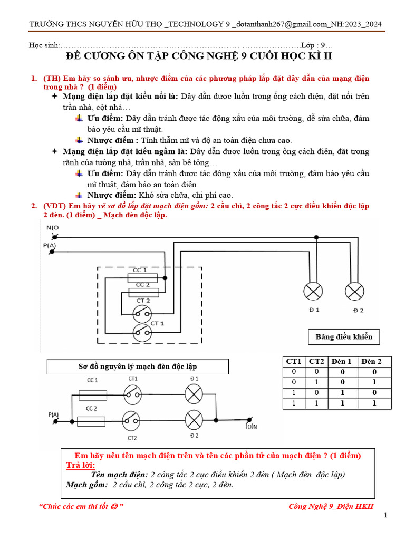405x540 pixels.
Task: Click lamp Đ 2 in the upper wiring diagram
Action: [354, 291]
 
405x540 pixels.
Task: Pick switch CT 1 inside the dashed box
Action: [141, 331]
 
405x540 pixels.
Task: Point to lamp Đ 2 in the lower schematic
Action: [195, 420]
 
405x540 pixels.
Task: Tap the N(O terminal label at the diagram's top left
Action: [53, 227]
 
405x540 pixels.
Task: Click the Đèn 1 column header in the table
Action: [341, 361]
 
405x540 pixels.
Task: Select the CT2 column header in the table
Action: [316, 361]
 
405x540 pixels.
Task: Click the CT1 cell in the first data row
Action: [293, 372]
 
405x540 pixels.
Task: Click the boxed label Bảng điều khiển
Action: [344, 337]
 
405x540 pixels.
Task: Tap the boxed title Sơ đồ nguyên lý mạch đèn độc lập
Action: [138, 367]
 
